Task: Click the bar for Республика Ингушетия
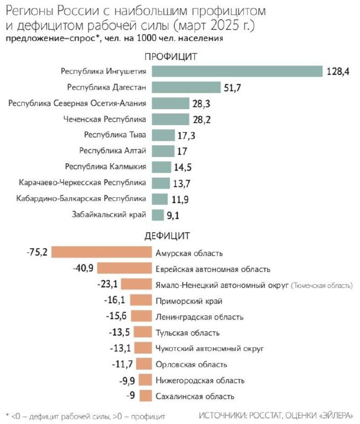[x=237, y=71]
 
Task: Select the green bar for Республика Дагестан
[x=186, y=87]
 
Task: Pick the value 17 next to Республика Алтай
[x=182, y=151]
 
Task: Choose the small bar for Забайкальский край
[x=157, y=215]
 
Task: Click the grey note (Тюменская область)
[x=321, y=285]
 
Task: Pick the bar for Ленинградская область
[x=141, y=316]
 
